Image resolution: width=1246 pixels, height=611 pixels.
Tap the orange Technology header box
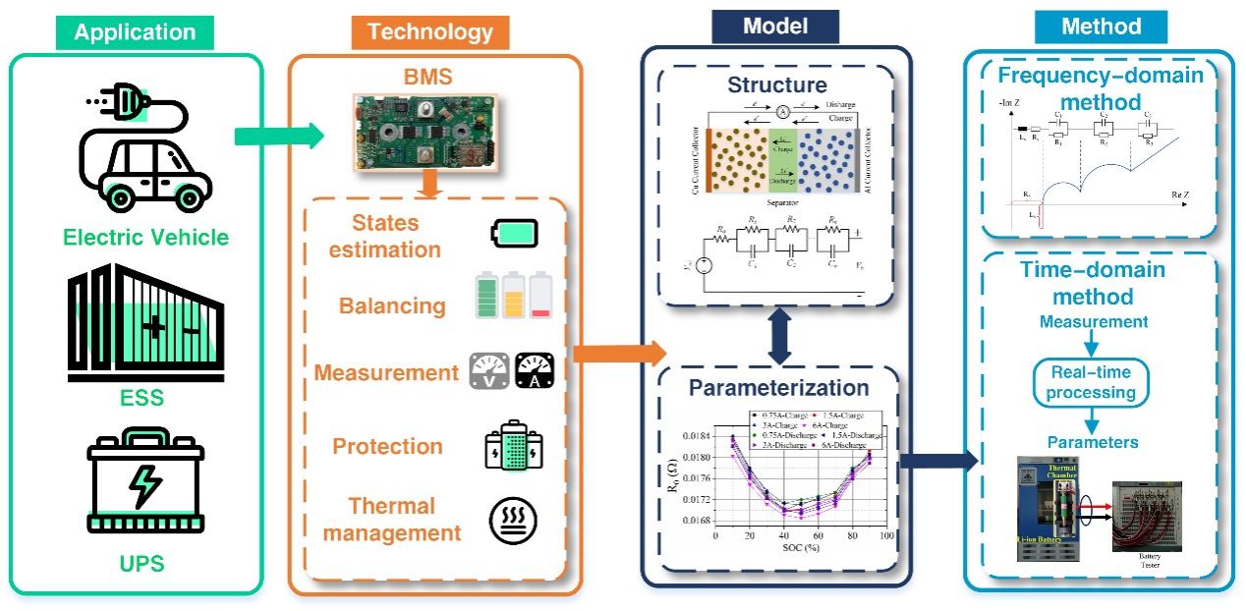(x=430, y=32)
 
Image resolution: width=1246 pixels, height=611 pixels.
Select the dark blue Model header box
(x=775, y=27)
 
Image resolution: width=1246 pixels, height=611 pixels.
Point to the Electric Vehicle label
(x=145, y=238)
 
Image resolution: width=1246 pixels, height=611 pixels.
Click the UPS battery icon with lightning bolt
(x=145, y=483)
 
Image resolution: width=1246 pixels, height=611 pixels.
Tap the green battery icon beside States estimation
(x=514, y=235)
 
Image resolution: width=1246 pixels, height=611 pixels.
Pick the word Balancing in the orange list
(x=392, y=305)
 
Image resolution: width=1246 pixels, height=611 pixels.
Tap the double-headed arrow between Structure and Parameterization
(x=778, y=334)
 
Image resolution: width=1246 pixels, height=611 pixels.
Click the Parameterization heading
(x=778, y=387)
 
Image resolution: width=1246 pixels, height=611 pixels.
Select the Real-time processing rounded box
(x=1090, y=383)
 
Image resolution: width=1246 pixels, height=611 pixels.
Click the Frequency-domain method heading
(x=1100, y=88)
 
